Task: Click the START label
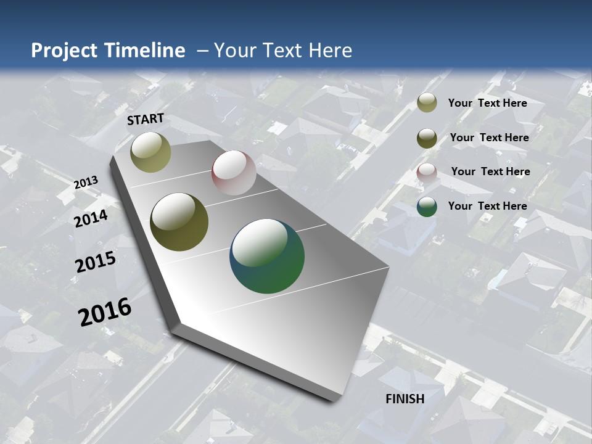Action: tap(146, 119)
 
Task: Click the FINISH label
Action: tap(405, 399)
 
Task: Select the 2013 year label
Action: tap(86, 183)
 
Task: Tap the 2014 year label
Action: tap(91, 218)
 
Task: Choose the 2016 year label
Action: tap(105, 311)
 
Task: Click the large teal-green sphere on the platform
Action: tap(267, 256)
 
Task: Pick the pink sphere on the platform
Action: tap(234, 173)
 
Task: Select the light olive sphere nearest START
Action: tap(151, 152)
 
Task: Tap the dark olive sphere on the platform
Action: tap(179, 222)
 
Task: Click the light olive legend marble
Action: tap(427, 102)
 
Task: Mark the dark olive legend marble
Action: tap(427, 138)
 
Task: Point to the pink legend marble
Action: tap(427, 172)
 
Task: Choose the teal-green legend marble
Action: tap(427, 207)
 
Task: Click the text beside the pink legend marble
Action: tap(490, 171)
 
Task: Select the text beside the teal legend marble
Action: tap(487, 206)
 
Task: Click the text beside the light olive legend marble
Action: tap(487, 103)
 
